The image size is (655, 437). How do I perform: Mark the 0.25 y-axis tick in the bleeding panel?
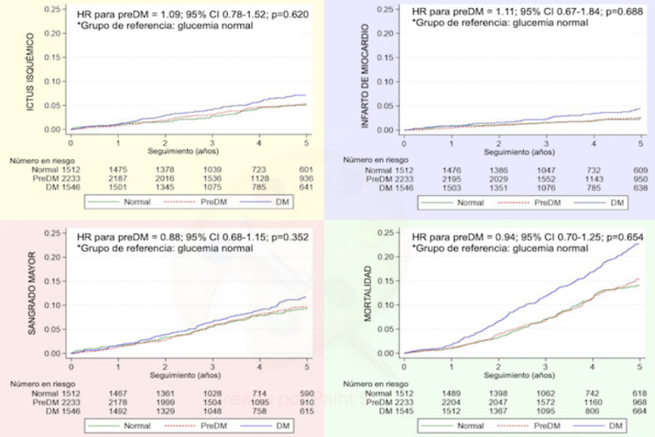54,234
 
